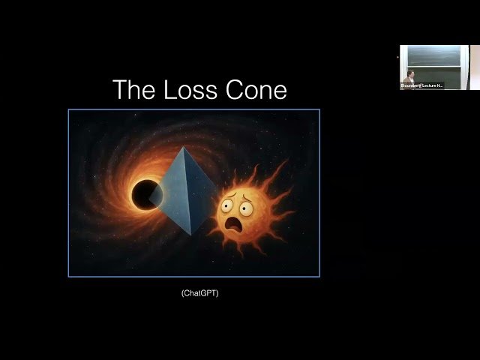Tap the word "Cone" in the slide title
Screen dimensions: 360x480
click(x=256, y=90)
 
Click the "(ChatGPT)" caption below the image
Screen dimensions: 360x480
click(x=199, y=293)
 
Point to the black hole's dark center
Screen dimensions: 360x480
click(x=145, y=195)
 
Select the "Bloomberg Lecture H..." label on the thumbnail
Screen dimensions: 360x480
click(x=421, y=85)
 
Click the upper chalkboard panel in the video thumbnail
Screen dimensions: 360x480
click(x=435, y=55)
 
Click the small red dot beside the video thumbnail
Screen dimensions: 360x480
click(x=397, y=58)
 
